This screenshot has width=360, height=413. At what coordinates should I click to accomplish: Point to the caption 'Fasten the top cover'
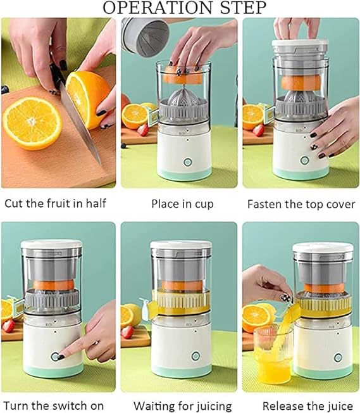(301, 205)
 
